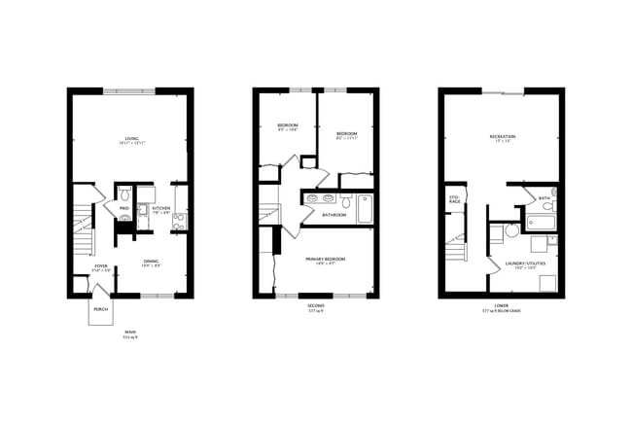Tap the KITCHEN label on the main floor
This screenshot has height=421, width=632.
click(x=161, y=209)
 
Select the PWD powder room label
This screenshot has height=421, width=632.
click(x=124, y=209)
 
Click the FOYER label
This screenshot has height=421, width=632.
click(x=101, y=266)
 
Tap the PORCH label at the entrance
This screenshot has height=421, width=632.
click(x=101, y=311)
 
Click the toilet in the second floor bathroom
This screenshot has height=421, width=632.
click(x=344, y=203)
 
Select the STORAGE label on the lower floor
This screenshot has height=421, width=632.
click(x=453, y=199)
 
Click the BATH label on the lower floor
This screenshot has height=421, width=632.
click(x=544, y=198)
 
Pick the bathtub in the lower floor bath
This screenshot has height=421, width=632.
click(x=541, y=222)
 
